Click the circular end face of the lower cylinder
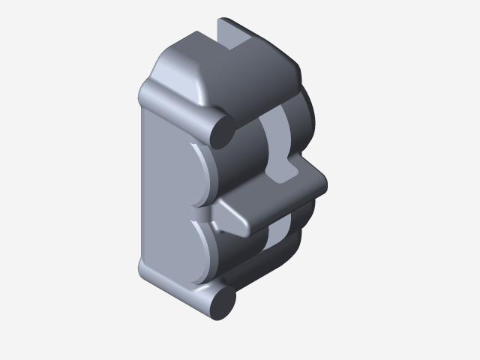point(223,302)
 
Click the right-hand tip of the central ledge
point(321,182)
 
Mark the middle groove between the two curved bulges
point(197,212)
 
